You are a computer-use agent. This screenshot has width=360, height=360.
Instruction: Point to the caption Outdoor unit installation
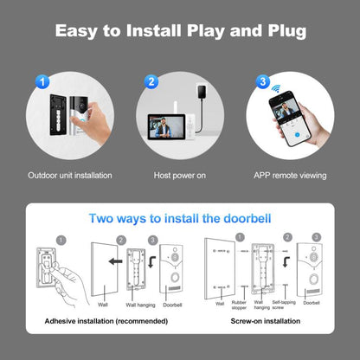(69, 175)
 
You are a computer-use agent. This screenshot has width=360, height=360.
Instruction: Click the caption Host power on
(180, 175)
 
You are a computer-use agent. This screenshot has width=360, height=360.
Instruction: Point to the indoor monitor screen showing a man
(170, 129)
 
